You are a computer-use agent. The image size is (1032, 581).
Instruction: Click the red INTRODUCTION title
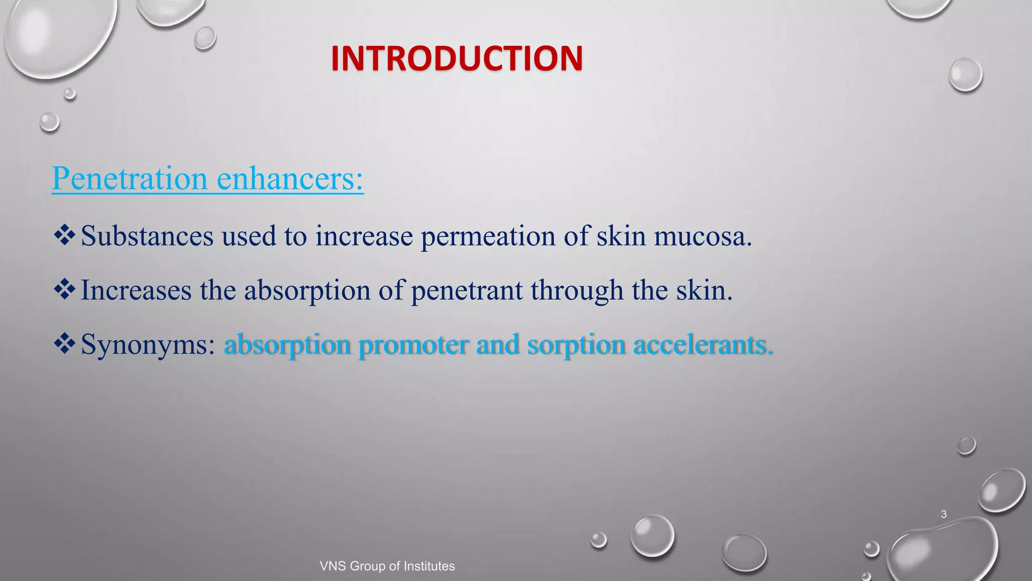click(457, 59)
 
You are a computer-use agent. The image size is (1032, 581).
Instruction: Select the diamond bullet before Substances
click(64, 235)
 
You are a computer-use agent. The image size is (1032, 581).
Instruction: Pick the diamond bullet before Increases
click(64, 289)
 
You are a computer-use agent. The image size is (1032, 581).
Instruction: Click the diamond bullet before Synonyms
click(64, 344)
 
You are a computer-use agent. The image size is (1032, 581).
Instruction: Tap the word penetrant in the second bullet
click(467, 291)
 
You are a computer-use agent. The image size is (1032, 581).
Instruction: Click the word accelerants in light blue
click(702, 345)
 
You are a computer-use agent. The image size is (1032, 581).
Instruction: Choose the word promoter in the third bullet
click(413, 346)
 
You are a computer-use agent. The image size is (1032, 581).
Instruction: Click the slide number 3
click(944, 514)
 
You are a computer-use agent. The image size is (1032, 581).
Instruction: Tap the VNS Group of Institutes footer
click(387, 566)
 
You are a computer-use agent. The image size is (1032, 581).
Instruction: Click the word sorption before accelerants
click(576, 346)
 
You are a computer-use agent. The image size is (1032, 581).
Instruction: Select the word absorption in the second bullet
click(307, 291)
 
